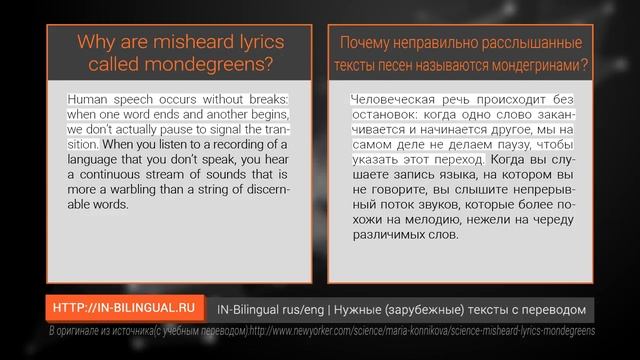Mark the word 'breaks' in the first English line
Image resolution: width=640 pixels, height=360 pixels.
(x=266, y=100)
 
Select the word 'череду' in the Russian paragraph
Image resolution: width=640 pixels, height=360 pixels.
(x=559, y=220)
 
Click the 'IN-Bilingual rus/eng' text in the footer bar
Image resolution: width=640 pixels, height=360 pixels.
(x=271, y=309)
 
